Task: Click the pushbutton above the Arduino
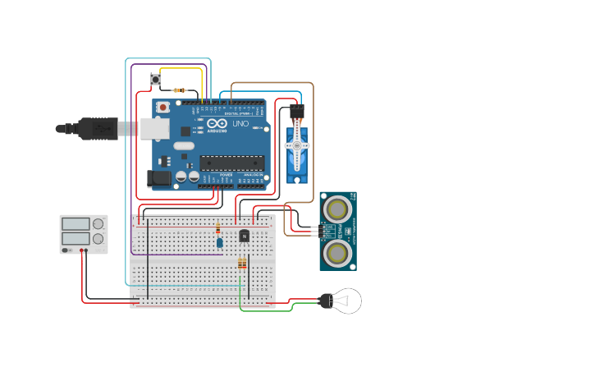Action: tap(156, 79)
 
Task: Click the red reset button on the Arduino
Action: tap(163, 107)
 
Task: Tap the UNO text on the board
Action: tap(240, 124)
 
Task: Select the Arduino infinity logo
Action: tap(218, 124)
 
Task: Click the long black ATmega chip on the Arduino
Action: tap(232, 163)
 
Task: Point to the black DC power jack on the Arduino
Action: tap(160, 177)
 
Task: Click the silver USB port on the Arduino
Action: tap(154, 128)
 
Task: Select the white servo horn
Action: tap(296, 145)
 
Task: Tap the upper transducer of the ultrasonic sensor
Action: tap(337, 209)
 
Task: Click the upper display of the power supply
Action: tap(76, 223)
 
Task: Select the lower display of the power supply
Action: tap(76, 239)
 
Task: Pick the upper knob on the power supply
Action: tap(98, 223)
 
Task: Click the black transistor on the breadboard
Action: tap(244, 236)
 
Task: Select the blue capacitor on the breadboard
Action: tap(219, 241)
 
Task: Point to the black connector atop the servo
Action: tap(296, 110)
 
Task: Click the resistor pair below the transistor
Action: tap(241, 264)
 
